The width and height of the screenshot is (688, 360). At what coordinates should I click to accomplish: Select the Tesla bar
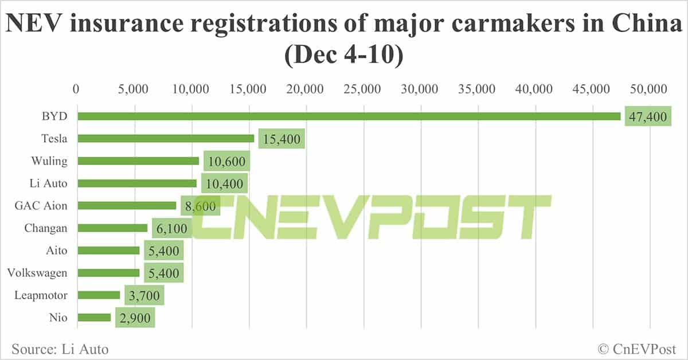pyautogui.click(x=166, y=139)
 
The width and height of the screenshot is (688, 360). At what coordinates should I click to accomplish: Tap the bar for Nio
pyautogui.click(x=94, y=318)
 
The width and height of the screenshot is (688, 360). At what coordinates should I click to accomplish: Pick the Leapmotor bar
pyautogui.click(x=99, y=295)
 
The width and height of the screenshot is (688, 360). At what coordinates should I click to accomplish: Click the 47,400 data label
pyautogui.click(x=647, y=117)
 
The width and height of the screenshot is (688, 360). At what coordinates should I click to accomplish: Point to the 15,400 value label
pyautogui.click(x=281, y=139)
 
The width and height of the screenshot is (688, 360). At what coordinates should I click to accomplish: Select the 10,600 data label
pyautogui.click(x=225, y=162)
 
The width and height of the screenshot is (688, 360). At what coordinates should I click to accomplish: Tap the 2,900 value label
pyautogui.click(x=135, y=318)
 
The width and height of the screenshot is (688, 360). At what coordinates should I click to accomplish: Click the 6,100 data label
pyautogui.click(x=171, y=229)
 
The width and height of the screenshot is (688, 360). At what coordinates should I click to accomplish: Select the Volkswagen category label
pyautogui.click(x=37, y=273)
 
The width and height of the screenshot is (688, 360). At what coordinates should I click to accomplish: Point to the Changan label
pyautogui.click(x=46, y=228)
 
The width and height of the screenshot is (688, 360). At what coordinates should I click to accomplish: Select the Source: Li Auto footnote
pyautogui.click(x=60, y=349)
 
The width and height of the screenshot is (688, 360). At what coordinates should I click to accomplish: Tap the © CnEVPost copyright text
pyautogui.click(x=636, y=349)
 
